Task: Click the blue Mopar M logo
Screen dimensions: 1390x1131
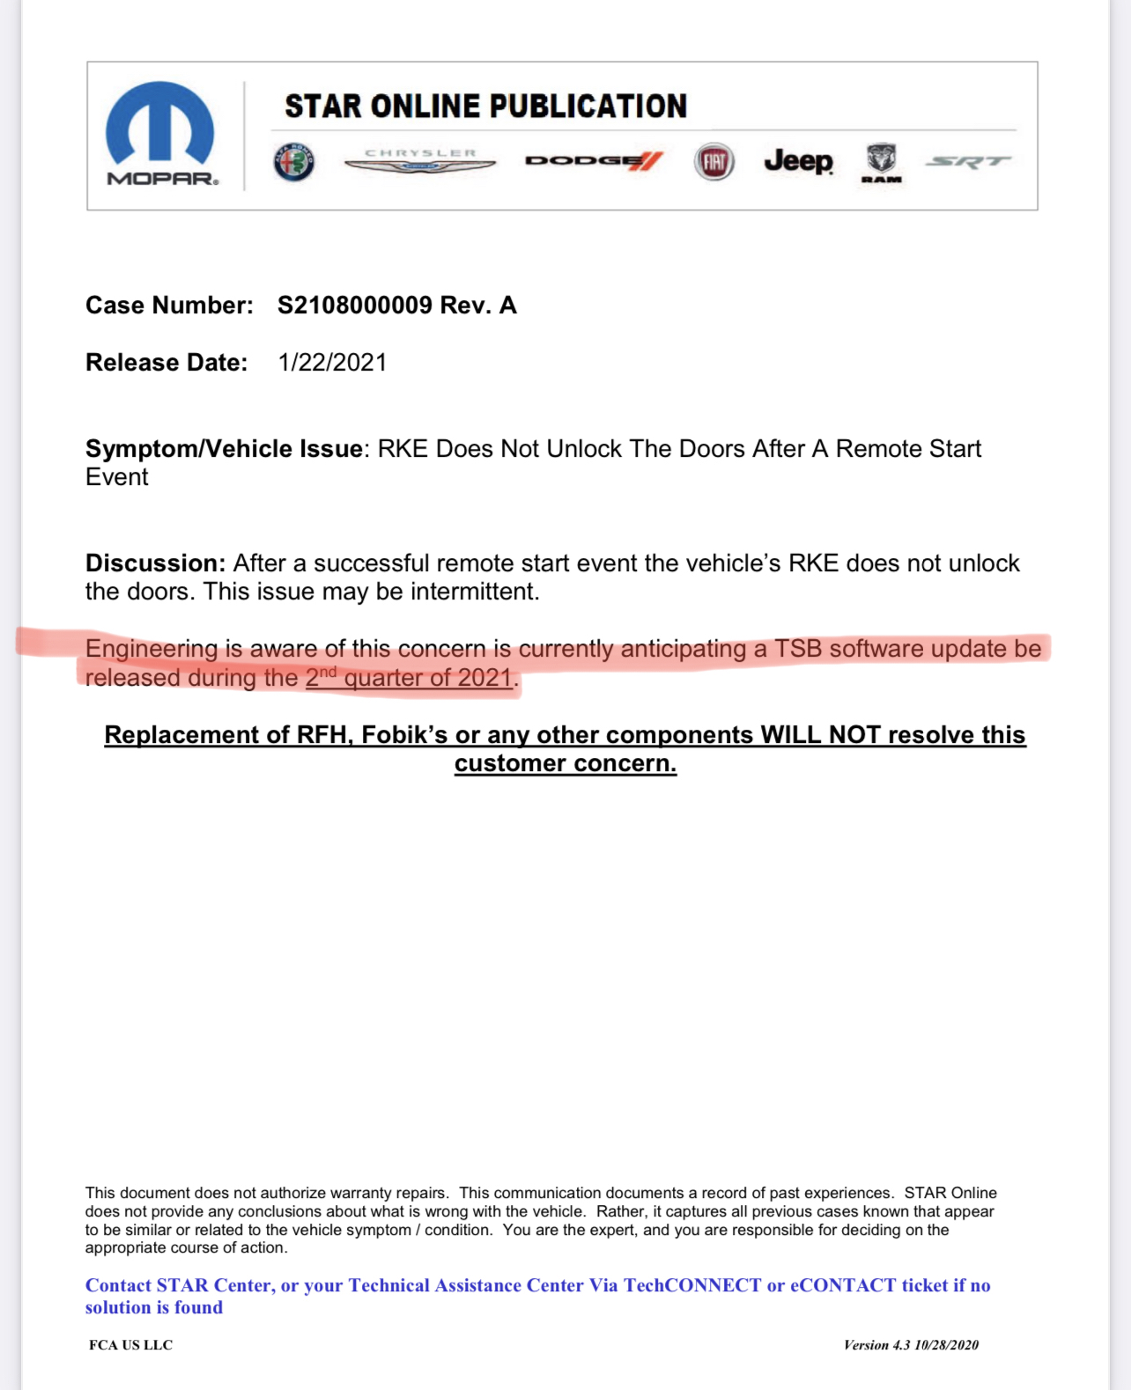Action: pyautogui.click(x=159, y=125)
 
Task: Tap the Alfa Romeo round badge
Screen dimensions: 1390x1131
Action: pyautogui.click(x=293, y=162)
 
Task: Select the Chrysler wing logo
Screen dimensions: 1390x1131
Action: pyautogui.click(x=420, y=161)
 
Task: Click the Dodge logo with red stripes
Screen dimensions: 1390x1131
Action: pyautogui.click(x=594, y=161)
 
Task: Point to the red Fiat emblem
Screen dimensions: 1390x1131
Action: pyautogui.click(x=713, y=162)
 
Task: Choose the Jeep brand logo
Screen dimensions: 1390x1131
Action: pyautogui.click(x=798, y=161)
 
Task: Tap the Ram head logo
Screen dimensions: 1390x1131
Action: pyautogui.click(x=881, y=162)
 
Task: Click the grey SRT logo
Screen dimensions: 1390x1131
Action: pyautogui.click(x=968, y=162)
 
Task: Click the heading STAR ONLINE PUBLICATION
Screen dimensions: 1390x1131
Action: pyautogui.click(x=485, y=107)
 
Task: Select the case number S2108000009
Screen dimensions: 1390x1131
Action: pyautogui.click(x=355, y=305)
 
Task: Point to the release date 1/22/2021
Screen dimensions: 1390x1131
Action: pyautogui.click(x=332, y=363)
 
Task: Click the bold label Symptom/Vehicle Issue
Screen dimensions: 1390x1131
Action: pyautogui.click(x=224, y=449)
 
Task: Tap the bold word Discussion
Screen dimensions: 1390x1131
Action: pyautogui.click(x=155, y=563)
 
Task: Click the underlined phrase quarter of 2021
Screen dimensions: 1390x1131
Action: pyautogui.click(x=428, y=678)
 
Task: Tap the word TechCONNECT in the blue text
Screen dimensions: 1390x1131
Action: pyautogui.click(x=692, y=1285)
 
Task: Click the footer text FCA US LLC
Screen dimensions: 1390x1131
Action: pyautogui.click(x=130, y=1345)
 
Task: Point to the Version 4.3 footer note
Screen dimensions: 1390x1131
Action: pyautogui.click(x=911, y=1345)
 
